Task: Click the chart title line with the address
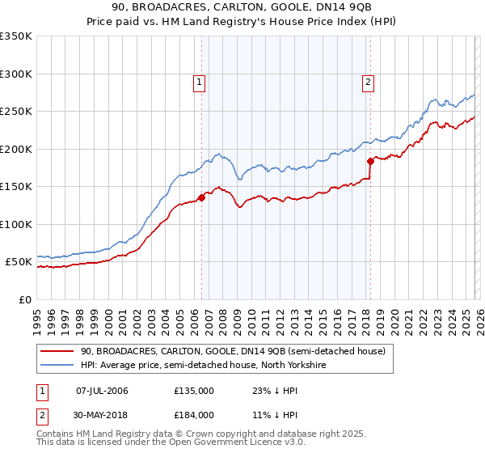(242, 7)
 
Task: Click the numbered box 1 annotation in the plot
(199, 81)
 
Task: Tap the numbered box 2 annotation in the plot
(368, 81)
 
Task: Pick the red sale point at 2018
(370, 161)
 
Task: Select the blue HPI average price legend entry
(202, 365)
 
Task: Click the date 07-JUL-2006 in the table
(102, 391)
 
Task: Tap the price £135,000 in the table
(194, 391)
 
